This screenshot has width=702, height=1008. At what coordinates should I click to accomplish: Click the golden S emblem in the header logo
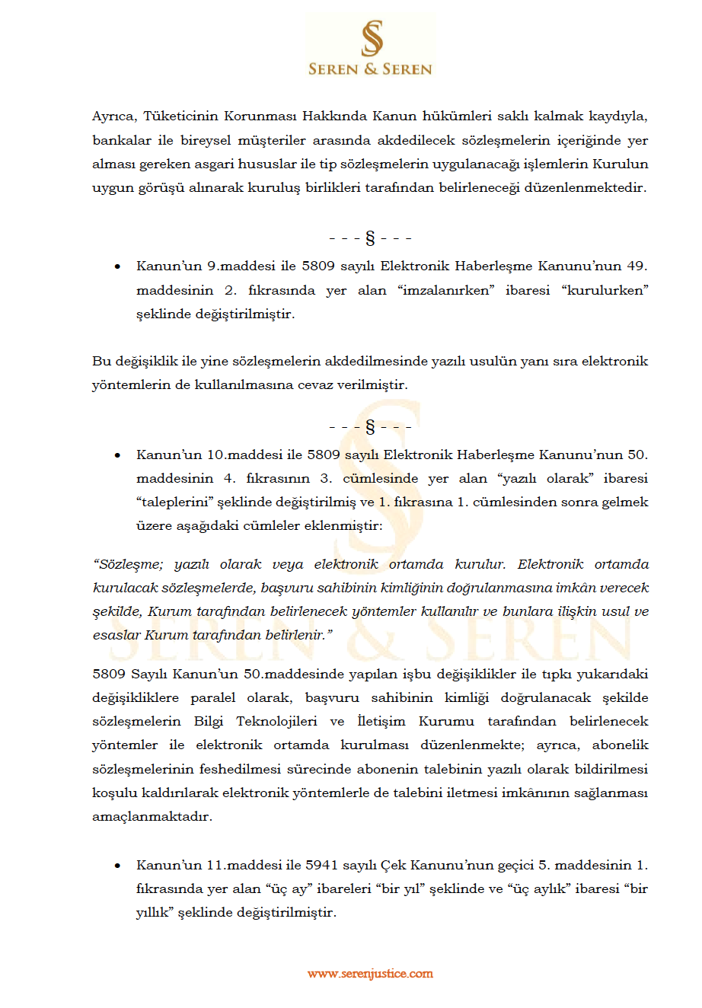(x=371, y=38)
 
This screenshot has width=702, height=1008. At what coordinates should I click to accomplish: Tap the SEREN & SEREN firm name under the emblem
(x=370, y=69)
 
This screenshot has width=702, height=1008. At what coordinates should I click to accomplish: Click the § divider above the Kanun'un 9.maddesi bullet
(x=370, y=238)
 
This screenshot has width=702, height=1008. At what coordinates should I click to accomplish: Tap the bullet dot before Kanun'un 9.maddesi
(x=117, y=266)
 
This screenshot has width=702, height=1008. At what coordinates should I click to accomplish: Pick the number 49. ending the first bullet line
(x=637, y=266)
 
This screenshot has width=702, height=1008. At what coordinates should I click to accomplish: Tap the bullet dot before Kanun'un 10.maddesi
(x=117, y=455)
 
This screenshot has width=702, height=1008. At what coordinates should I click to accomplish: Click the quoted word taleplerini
(x=174, y=502)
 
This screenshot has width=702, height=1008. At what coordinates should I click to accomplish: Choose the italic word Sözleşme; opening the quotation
(x=127, y=564)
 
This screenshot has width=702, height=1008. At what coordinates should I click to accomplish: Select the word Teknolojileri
(x=276, y=721)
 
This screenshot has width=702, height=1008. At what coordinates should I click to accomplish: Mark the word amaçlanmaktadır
(x=152, y=816)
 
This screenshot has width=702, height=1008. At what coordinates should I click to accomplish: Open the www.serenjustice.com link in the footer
(x=370, y=974)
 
